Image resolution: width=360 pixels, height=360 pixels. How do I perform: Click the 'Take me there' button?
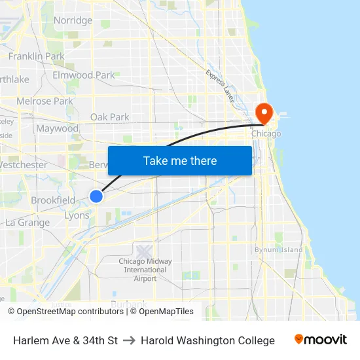pyautogui.click(x=180, y=160)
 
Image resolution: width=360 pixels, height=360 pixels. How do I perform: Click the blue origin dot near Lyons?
pyautogui.click(x=96, y=196)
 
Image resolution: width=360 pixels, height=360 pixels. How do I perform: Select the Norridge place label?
pyautogui.click(x=73, y=20)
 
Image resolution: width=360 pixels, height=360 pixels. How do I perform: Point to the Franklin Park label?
pyautogui.click(x=36, y=56)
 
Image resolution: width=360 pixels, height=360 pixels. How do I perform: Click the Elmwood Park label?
pyautogui.click(x=84, y=75)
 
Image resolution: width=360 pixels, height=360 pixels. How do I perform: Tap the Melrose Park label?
pyautogui.click(x=45, y=101)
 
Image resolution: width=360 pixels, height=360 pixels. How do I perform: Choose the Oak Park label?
pyautogui.click(x=110, y=117)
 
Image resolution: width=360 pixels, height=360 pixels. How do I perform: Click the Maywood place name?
pyautogui.click(x=57, y=129)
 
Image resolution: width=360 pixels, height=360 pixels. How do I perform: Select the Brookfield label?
pyautogui.click(x=53, y=200)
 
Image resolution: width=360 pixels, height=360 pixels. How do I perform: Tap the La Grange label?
pyautogui.click(x=27, y=223)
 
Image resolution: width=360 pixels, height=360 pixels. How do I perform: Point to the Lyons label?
pyautogui.click(x=77, y=215)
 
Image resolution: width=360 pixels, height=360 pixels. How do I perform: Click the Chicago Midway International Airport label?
pyautogui.click(x=145, y=269)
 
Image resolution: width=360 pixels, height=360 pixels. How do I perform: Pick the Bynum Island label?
pyautogui.click(x=278, y=249)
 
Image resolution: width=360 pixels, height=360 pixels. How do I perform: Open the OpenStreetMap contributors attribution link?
pyautogui.click(x=70, y=312)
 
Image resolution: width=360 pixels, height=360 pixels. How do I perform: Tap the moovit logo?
pyautogui.click(x=320, y=340)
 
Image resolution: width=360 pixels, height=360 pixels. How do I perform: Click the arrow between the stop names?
pyautogui.click(x=129, y=340)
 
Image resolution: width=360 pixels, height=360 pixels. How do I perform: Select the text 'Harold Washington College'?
pyautogui.click(x=207, y=340)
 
